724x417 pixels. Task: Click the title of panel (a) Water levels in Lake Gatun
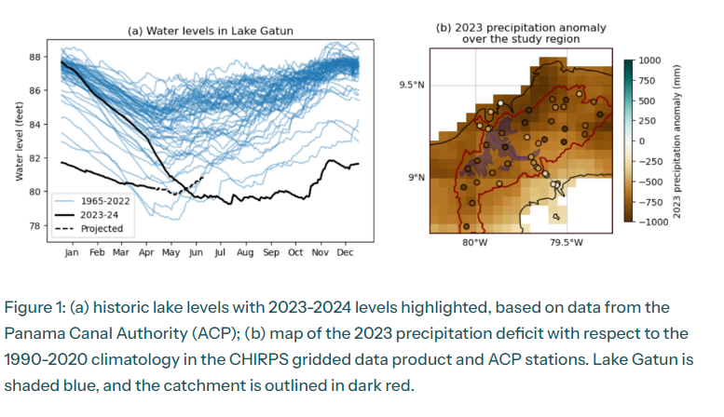pos(210,31)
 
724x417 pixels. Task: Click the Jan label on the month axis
pos(71,252)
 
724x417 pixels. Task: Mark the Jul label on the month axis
pos(220,252)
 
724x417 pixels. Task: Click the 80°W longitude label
pos(475,244)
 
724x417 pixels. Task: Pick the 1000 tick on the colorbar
pos(649,61)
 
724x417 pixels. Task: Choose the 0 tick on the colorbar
pos(640,141)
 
